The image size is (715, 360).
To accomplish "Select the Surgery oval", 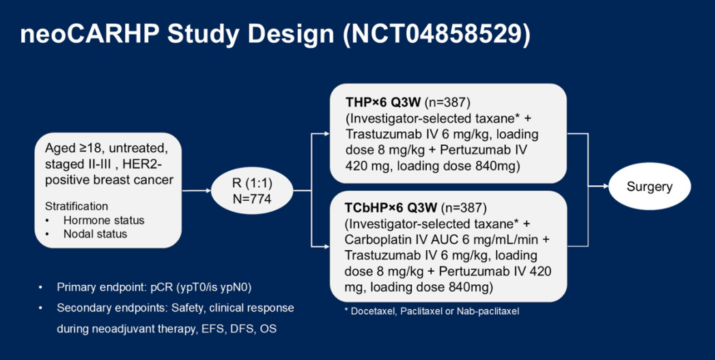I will coord(649,186).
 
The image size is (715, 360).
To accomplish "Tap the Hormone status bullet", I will coord(103,220).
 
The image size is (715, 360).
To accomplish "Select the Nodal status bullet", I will coord(95,234).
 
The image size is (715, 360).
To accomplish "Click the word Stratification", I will coord(76,206).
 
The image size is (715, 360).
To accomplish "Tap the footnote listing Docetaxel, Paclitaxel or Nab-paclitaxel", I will coord(432,311).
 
